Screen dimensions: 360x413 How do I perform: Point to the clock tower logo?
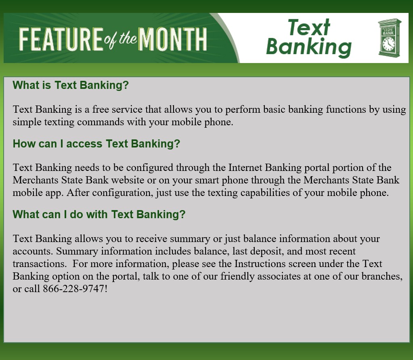pos(389,37)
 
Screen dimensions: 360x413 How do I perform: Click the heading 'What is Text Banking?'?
pos(71,85)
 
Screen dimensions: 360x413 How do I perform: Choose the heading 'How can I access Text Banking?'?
pos(96,144)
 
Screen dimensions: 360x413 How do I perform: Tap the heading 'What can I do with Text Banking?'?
pos(99,214)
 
